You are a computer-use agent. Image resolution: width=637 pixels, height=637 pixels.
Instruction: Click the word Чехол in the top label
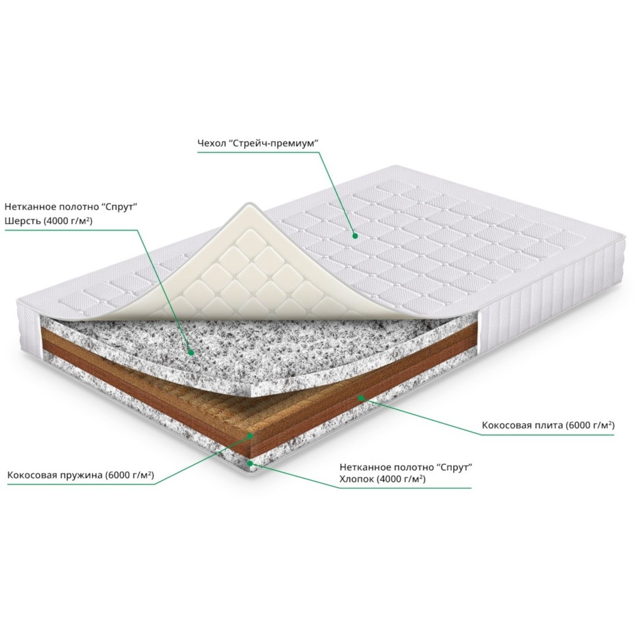tap(210, 144)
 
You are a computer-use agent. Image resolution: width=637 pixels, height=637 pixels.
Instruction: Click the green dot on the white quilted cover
tap(354, 235)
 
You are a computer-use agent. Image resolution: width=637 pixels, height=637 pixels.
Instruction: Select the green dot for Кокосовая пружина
tap(251, 435)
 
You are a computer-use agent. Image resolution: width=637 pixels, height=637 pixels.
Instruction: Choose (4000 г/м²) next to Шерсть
tap(66, 221)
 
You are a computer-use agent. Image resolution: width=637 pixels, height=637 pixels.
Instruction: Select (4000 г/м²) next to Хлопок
tap(401, 479)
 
